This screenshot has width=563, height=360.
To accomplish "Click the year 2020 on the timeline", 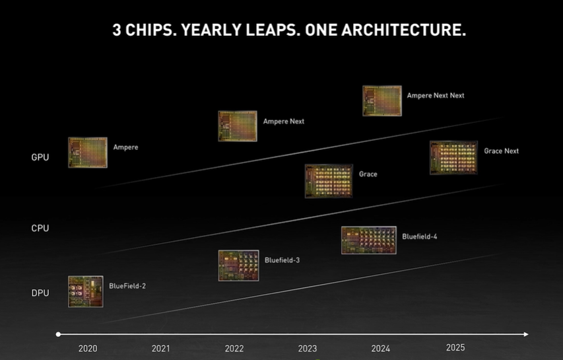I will click(x=88, y=348).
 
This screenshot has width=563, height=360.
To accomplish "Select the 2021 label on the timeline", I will click(x=161, y=348).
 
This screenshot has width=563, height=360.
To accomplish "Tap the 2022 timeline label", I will click(x=234, y=348).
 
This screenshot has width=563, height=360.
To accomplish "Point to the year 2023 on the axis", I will click(x=308, y=348).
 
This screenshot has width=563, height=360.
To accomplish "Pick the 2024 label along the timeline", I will click(x=381, y=348).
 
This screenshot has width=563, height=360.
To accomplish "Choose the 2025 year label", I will click(x=455, y=347).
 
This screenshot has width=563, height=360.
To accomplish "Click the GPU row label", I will click(x=40, y=157).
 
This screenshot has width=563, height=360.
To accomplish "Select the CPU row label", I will click(x=40, y=228).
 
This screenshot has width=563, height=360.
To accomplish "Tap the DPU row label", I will click(x=40, y=293).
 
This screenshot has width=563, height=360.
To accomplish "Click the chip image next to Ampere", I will click(x=88, y=153).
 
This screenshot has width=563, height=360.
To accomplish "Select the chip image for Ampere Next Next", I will click(x=382, y=100).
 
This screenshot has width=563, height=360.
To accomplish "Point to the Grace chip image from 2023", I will click(x=329, y=181).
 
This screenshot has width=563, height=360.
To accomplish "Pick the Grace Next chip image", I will click(x=453, y=157).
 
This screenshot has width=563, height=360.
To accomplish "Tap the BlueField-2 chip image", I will click(x=86, y=291).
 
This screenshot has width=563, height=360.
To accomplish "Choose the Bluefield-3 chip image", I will click(x=238, y=265).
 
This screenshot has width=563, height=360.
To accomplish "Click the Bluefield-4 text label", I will click(x=420, y=236).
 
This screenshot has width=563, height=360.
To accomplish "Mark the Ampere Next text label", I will click(x=284, y=122).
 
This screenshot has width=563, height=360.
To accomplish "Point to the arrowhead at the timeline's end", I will click(x=525, y=334).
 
